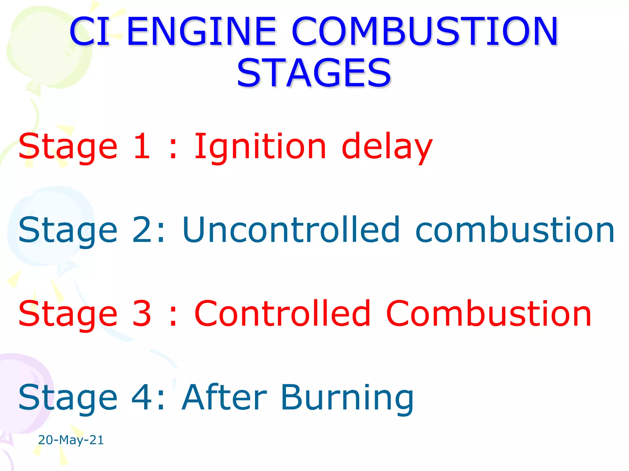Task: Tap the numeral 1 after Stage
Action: click(142, 147)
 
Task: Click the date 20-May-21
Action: click(71, 440)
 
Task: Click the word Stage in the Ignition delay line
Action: click(68, 147)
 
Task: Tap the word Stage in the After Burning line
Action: click(68, 398)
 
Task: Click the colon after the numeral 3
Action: click(173, 316)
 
